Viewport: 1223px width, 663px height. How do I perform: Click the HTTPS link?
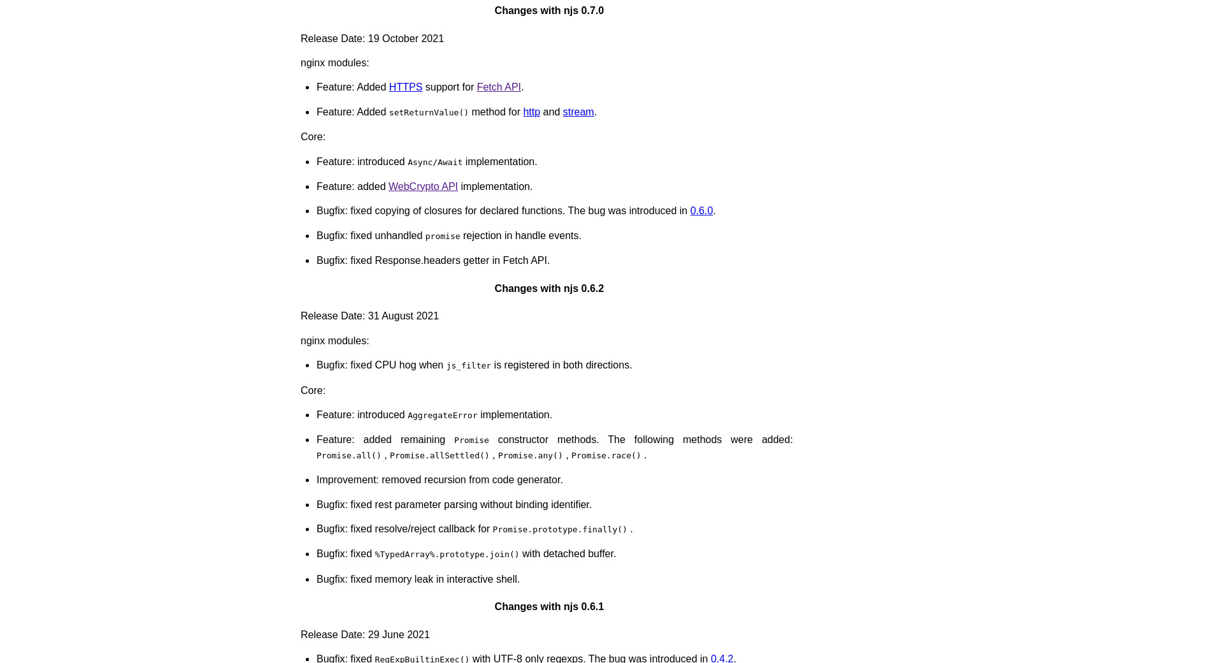pyautogui.click(x=405, y=87)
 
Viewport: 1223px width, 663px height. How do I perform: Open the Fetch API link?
pyautogui.click(x=498, y=87)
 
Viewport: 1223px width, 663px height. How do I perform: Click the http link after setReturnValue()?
pyautogui.click(x=531, y=112)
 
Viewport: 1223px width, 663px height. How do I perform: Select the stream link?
pyautogui.click(x=578, y=112)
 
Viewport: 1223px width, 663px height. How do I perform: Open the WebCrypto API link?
pyautogui.click(x=423, y=187)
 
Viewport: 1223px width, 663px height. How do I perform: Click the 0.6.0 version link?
pyautogui.click(x=701, y=211)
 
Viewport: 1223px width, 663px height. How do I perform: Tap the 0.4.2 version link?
pyautogui.click(x=722, y=659)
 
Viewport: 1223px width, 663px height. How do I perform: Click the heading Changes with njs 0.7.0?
pyautogui.click(x=549, y=11)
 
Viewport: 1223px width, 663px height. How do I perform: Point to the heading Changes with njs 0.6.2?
pyautogui.click(x=549, y=289)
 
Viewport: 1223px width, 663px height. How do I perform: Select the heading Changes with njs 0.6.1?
pyautogui.click(x=549, y=607)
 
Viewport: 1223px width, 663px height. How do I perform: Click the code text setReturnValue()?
pyautogui.click(x=429, y=113)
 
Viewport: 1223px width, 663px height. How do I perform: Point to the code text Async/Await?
pyautogui.click(x=435, y=163)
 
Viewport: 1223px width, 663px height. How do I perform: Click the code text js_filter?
pyautogui.click(x=468, y=366)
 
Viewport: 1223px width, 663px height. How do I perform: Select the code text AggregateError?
pyautogui.click(x=442, y=416)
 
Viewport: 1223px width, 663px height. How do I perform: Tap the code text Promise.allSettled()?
pyautogui.click(x=440, y=456)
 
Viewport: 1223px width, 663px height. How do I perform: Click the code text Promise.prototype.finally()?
pyautogui.click(x=560, y=530)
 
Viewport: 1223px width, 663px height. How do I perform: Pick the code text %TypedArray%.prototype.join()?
pyautogui.click(x=447, y=555)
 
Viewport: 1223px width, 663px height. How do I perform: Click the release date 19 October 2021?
pyautogui.click(x=406, y=39)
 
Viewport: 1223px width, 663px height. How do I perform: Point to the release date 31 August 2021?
pyautogui.click(x=403, y=316)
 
